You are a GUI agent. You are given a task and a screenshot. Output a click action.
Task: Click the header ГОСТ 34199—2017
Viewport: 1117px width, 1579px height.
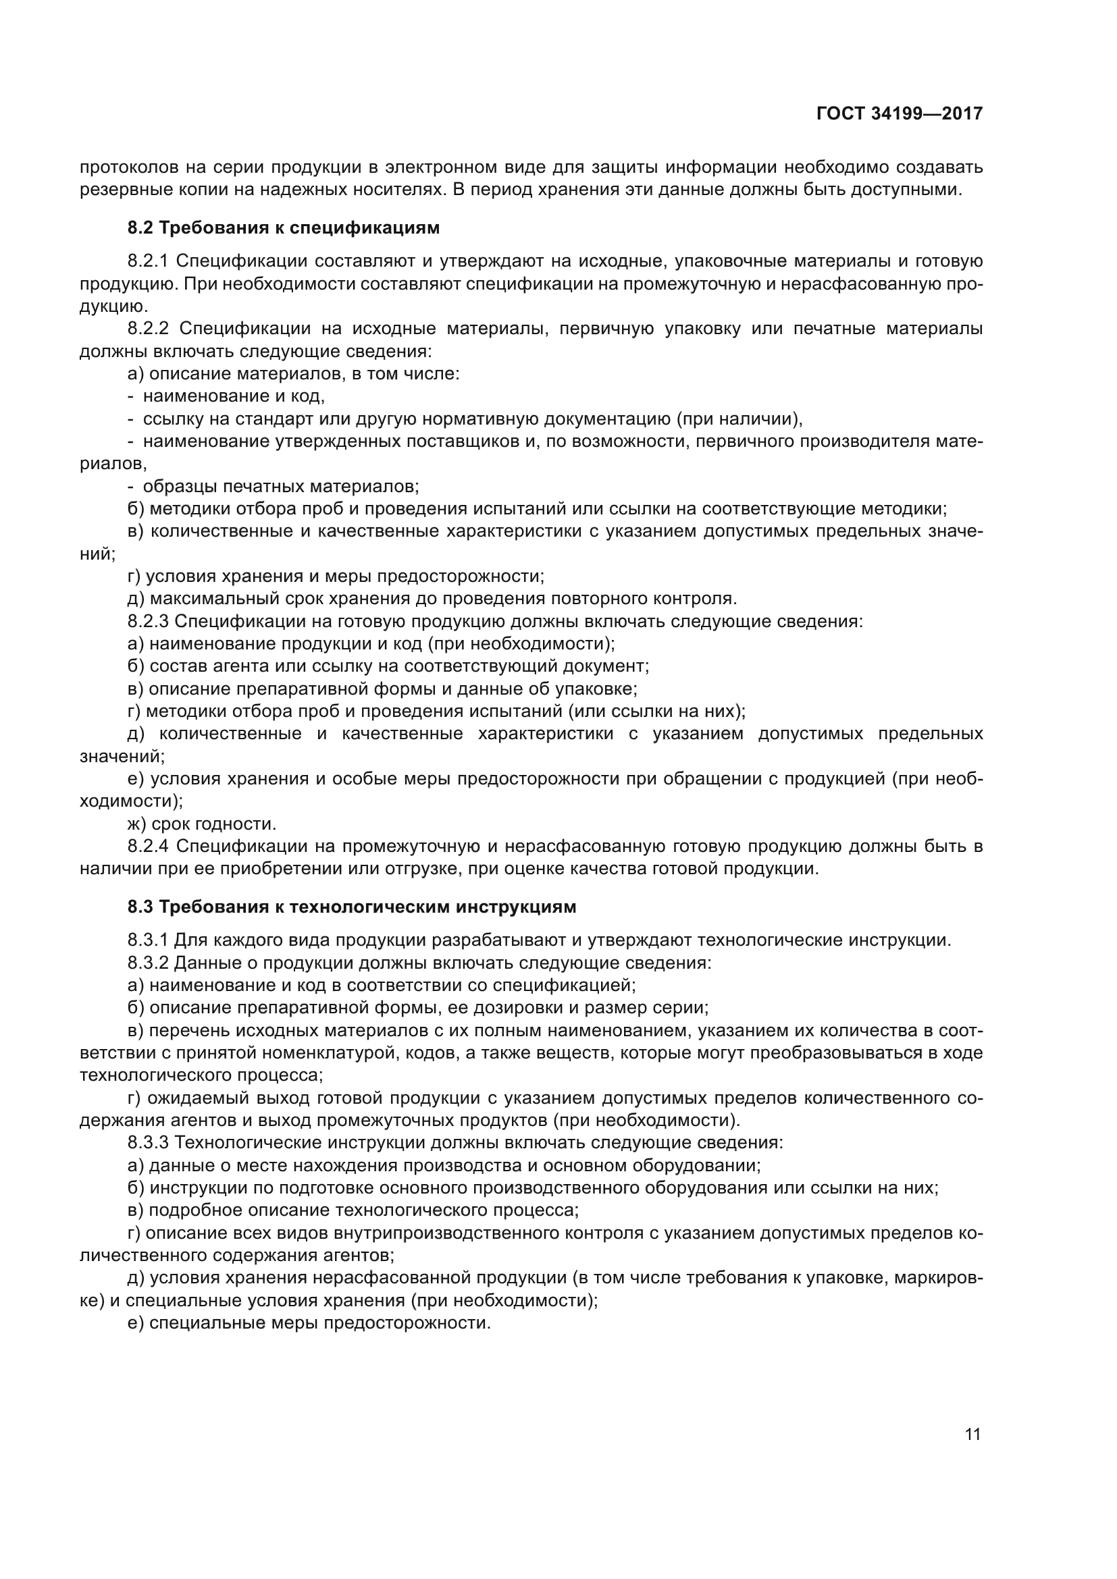pos(899,114)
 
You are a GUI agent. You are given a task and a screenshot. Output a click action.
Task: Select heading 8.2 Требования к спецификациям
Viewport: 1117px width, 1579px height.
pos(284,228)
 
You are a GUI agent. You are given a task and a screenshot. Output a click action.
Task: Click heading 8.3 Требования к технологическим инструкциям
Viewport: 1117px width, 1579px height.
pos(351,907)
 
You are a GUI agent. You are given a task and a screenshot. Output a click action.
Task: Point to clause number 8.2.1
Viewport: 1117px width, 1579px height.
pos(148,261)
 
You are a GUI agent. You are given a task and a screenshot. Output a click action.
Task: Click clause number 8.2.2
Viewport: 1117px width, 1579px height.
pos(148,329)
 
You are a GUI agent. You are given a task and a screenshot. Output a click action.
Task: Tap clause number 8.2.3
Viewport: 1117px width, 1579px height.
pos(148,622)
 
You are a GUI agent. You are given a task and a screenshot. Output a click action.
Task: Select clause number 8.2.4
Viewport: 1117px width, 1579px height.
pos(148,847)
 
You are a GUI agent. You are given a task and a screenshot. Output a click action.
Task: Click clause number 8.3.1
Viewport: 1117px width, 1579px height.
pos(148,940)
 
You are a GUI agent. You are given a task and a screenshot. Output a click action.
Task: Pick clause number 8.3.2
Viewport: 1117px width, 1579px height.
pos(148,963)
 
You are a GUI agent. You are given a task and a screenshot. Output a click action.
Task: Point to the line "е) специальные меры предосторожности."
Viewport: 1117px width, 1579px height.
pos(309,1322)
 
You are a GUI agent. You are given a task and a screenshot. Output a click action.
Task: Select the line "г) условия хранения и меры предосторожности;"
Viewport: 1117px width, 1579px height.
pos(336,577)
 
